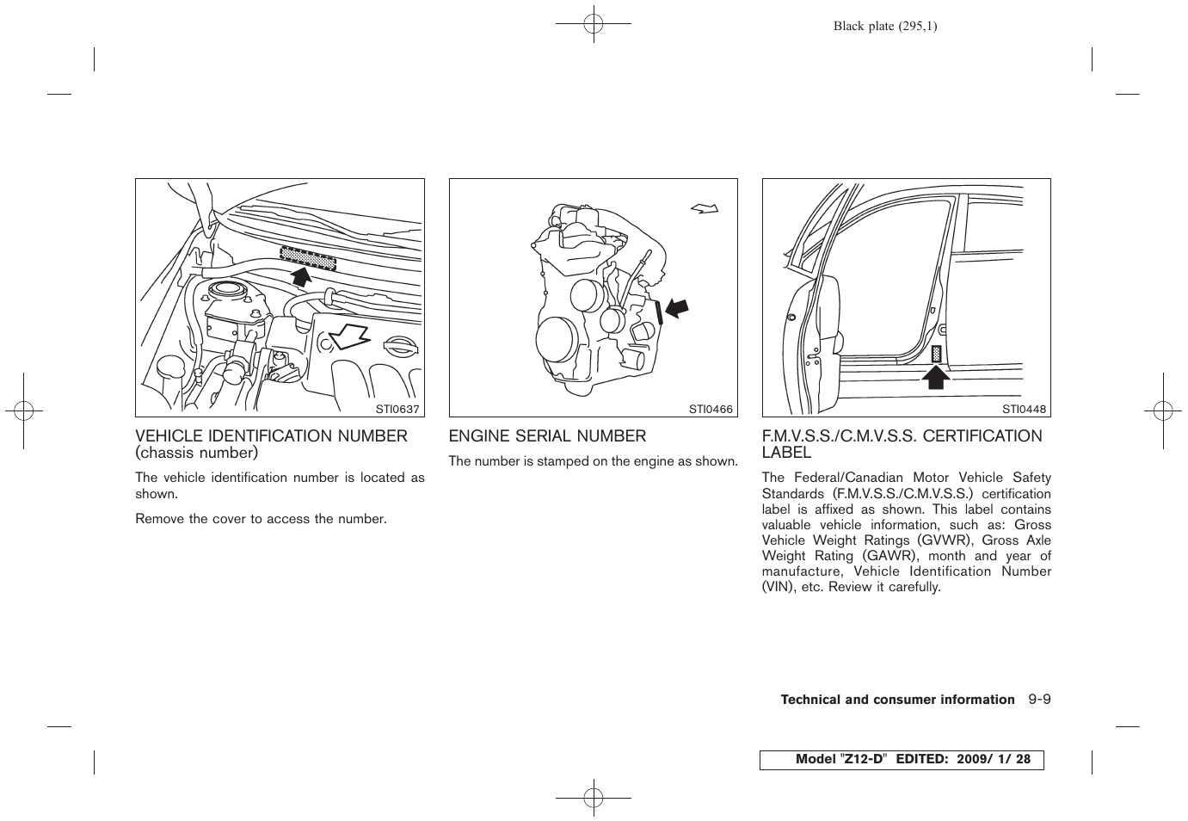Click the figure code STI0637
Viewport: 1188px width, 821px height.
coord(397,409)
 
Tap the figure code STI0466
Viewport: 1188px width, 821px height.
coord(711,409)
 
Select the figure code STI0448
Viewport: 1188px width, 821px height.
coord(1024,409)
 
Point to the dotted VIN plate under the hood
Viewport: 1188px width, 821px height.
coord(307,256)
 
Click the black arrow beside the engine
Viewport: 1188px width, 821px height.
coord(677,306)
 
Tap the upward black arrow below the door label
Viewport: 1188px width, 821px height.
coord(936,376)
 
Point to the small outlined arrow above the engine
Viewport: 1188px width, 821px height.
coord(703,207)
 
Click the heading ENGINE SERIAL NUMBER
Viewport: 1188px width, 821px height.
coord(547,436)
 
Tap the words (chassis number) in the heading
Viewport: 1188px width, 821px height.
coord(196,453)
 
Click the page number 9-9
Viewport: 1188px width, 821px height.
coord(1038,700)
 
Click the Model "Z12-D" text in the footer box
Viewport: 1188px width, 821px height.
coord(840,760)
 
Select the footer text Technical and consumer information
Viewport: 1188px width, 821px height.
coord(897,700)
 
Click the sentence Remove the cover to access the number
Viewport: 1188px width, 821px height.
coord(261,519)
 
